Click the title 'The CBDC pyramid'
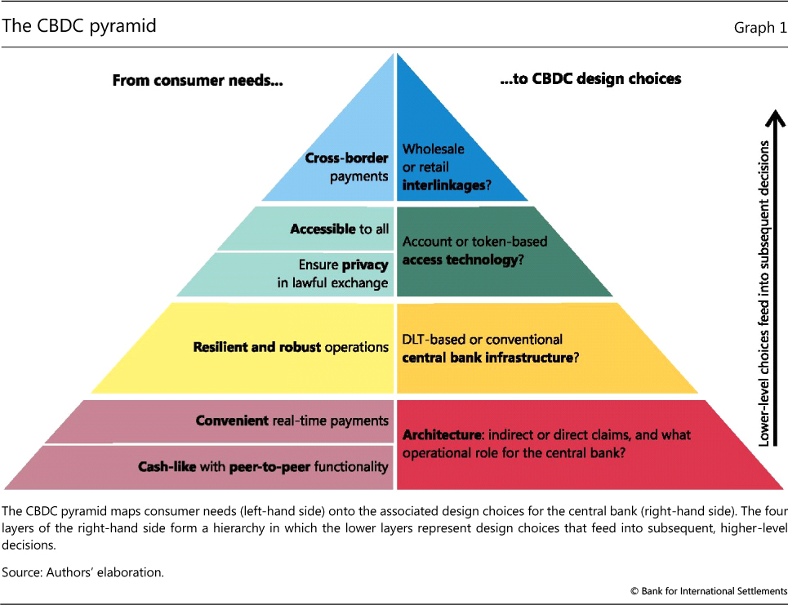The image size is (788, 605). click(79, 26)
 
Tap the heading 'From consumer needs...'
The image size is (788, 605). click(197, 79)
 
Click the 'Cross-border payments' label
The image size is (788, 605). click(346, 167)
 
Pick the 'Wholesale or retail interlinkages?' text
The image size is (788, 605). click(446, 167)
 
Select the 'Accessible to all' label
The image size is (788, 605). click(340, 229)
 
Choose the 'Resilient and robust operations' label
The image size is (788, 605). click(291, 347)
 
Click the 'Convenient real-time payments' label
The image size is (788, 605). click(292, 420)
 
